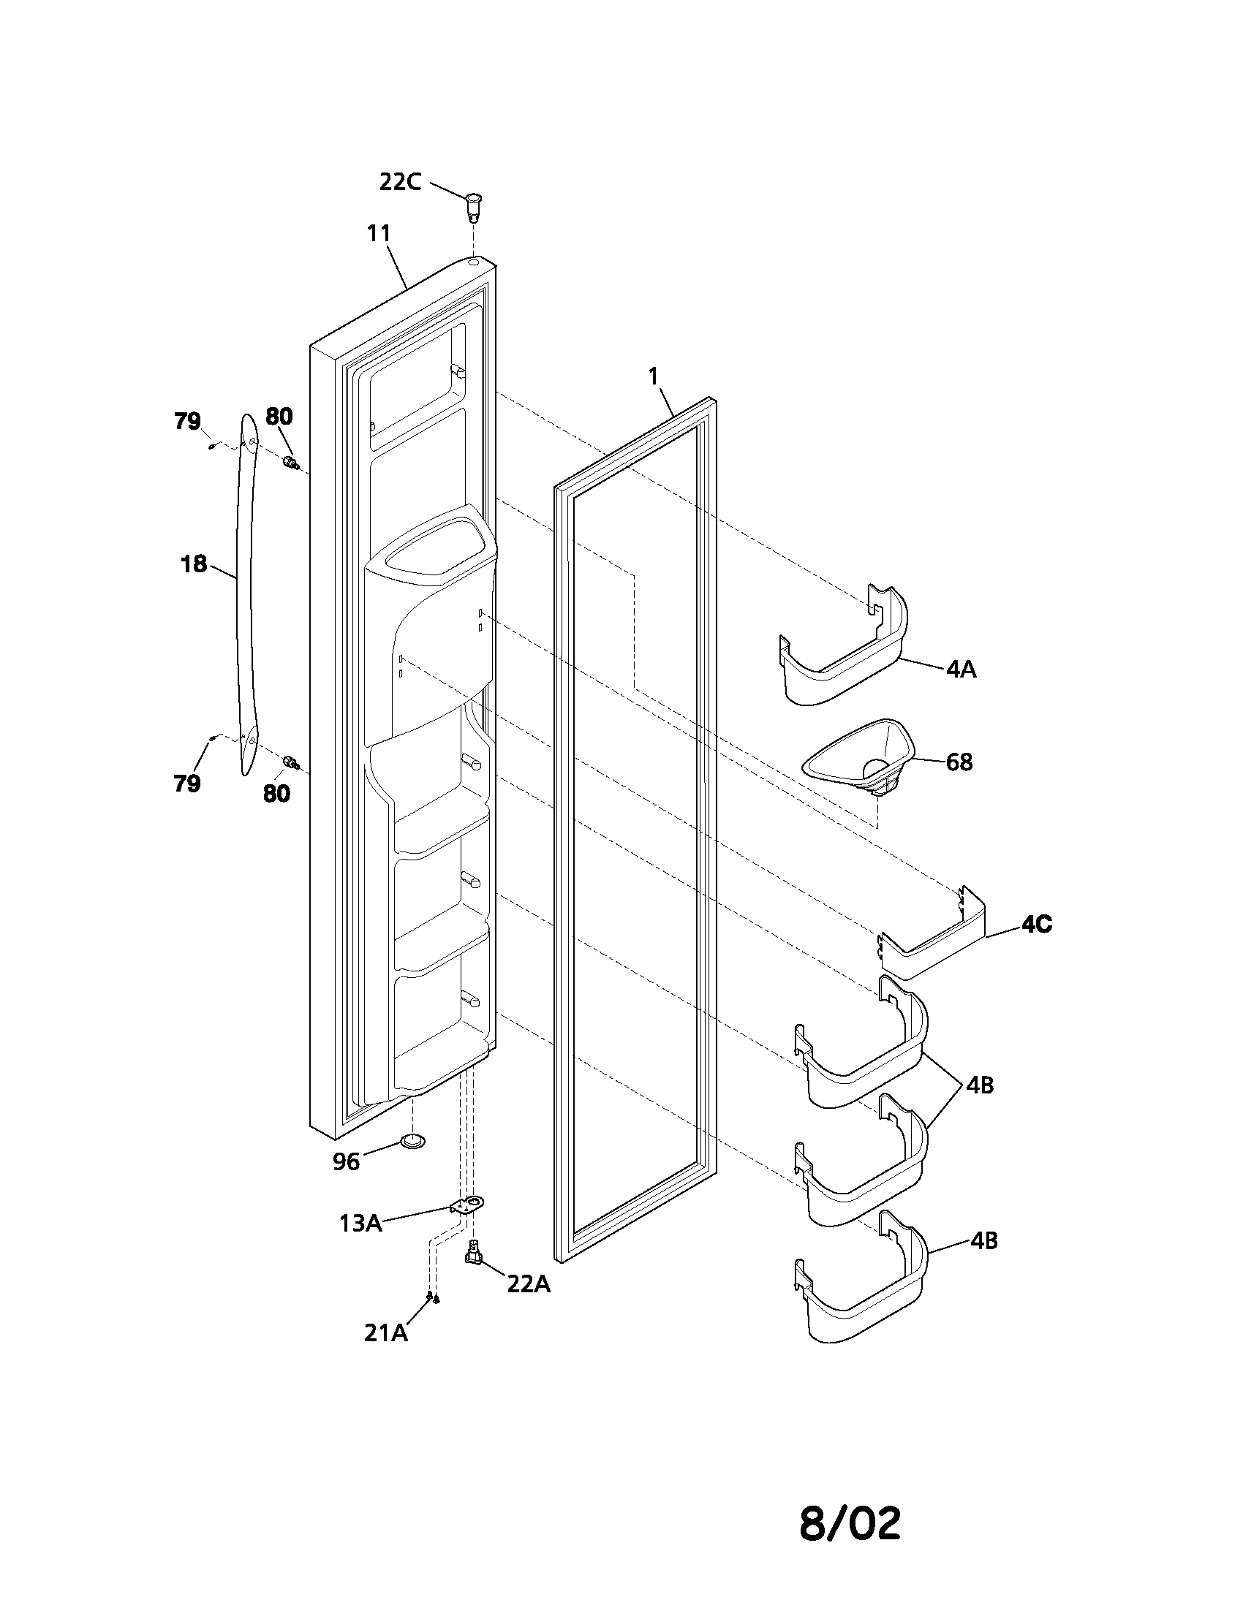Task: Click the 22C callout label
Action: [x=400, y=181]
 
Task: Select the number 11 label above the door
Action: [x=379, y=233]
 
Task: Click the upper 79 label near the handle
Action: [x=187, y=421]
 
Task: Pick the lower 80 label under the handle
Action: [x=277, y=793]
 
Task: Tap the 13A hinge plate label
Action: [x=360, y=1223]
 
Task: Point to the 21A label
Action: [x=385, y=1332]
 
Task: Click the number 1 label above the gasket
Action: [x=652, y=376]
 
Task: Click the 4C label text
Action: [x=1036, y=924]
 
